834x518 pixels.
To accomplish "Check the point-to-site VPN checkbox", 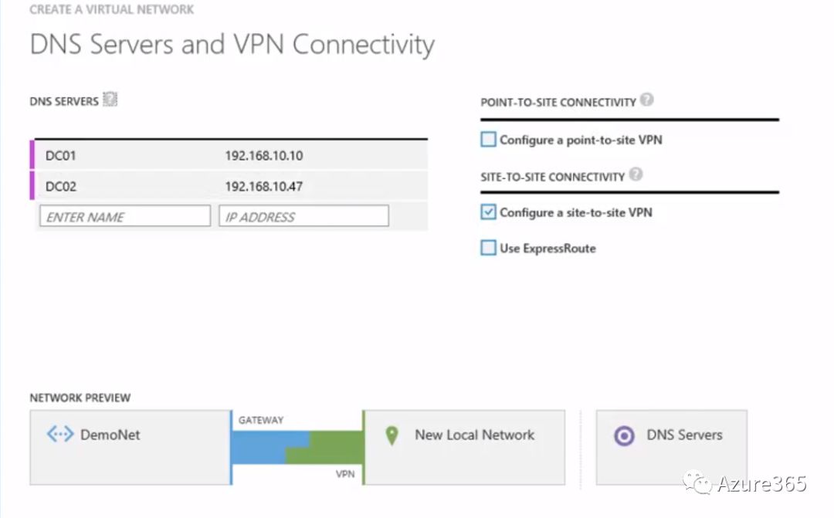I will [x=488, y=140].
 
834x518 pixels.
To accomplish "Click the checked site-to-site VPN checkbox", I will [x=488, y=212].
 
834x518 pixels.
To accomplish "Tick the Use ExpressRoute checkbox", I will [x=488, y=248].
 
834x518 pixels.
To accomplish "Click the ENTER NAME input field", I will [x=124, y=217].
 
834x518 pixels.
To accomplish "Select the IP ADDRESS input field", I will [x=303, y=217].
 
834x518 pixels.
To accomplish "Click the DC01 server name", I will [x=61, y=156].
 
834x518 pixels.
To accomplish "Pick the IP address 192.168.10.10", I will [x=264, y=156].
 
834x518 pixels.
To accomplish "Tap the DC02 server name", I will [x=61, y=187].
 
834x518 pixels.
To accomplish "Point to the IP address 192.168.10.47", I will [x=264, y=187].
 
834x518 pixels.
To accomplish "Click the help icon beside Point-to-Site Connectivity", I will [x=647, y=100].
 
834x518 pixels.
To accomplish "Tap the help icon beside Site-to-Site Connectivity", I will [x=636, y=174].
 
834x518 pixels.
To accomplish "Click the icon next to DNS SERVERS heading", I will [x=110, y=100].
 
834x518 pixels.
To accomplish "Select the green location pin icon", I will [x=392, y=435].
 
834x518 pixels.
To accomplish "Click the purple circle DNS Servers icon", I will [x=624, y=435].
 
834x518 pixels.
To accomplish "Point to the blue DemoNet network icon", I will [x=60, y=435].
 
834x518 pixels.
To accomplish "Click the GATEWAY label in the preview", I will [x=261, y=421].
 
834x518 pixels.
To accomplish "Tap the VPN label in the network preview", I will [x=344, y=474].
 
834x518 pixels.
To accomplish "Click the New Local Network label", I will [x=474, y=435].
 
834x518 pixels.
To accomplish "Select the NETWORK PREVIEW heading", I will [x=80, y=398].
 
